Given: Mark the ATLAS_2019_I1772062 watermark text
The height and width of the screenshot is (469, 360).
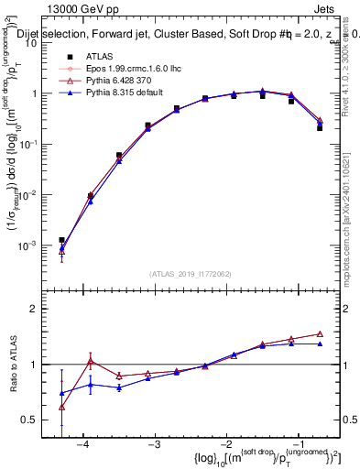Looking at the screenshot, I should tap(191, 274).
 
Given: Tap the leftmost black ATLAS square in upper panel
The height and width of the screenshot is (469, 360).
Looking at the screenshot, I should tap(61, 240).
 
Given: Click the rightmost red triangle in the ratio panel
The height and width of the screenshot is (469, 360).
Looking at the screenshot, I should tap(320, 333).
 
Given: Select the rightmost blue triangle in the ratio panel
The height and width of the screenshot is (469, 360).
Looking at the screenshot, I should tap(320, 344).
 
